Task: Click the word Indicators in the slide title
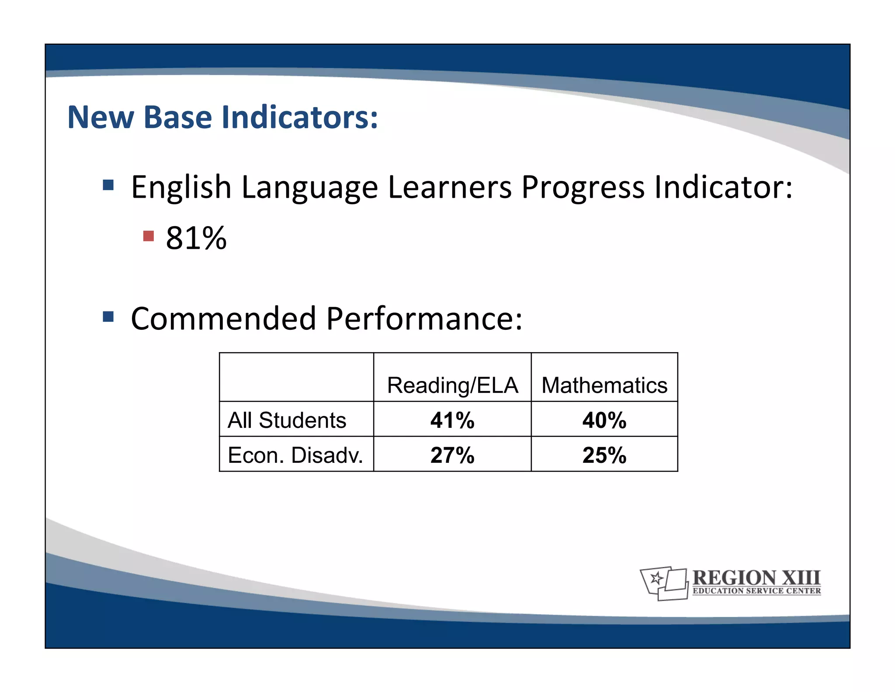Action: [x=299, y=117]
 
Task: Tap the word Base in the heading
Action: [x=177, y=117]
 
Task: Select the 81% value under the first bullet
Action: [x=196, y=238]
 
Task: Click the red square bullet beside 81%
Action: [x=149, y=236]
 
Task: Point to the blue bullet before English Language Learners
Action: [x=108, y=185]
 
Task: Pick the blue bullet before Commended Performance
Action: [x=108, y=316]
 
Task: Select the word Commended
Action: [x=223, y=318]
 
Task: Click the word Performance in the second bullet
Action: [x=424, y=318]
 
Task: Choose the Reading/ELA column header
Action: [x=452, y=385]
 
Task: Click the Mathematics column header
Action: [x=604, y=385]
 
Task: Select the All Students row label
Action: [x=287, y=420]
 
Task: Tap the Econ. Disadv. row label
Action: [x=295, y=455]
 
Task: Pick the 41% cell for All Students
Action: [x=452, y=420]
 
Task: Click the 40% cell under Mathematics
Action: [x=604, y=420]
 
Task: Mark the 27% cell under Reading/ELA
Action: [x=452, y=455]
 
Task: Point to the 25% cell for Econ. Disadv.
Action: [x=604, y=455]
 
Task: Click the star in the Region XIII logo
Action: [x=656, y=579]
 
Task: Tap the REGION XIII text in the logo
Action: [x=756, y=577]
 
